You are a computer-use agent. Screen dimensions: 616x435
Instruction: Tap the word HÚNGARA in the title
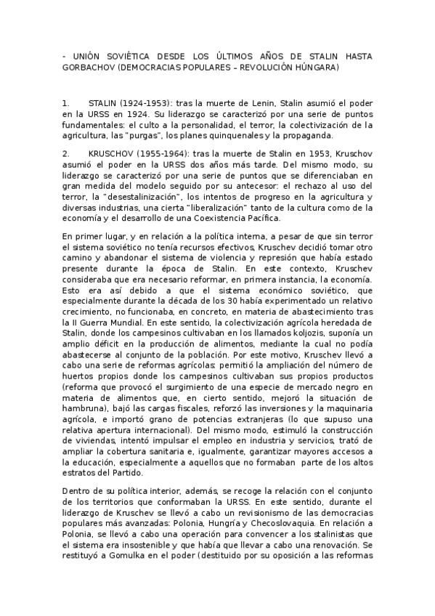tap(316, 67)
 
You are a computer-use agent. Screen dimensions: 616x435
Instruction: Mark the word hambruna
tap(84, 410)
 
